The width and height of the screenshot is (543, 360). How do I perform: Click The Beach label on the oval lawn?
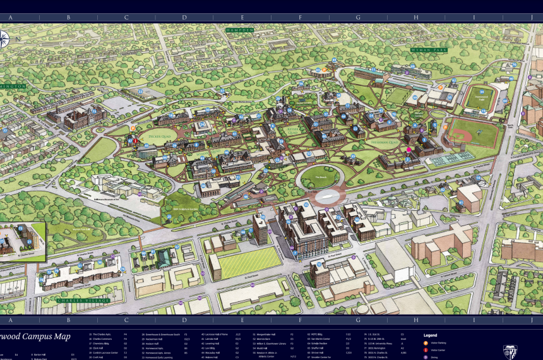coord(320,178)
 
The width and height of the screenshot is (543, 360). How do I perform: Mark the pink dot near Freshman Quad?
coord(409,149)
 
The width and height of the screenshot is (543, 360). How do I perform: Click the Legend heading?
coord(431,335)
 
